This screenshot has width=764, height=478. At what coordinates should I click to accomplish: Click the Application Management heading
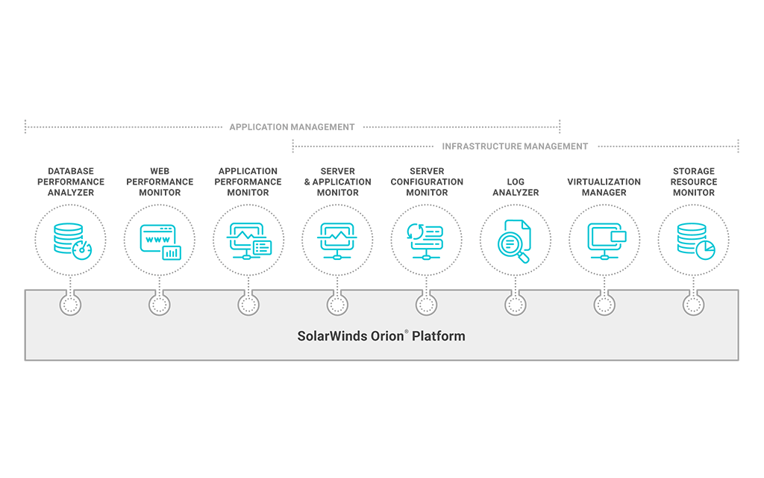[292, 127]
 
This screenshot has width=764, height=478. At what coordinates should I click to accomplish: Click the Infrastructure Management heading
[515, 146]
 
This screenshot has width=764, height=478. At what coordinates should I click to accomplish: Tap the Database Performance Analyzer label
[71, 181]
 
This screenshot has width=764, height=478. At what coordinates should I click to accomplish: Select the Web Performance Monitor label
[160, 181]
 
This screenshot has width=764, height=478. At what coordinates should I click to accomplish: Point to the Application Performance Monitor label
[248, 181]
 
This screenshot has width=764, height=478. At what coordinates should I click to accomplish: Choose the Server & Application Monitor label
[337, 181]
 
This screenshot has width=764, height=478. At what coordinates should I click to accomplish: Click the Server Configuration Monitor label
[427, 181]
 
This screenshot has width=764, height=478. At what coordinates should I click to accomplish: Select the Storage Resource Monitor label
[694, 181]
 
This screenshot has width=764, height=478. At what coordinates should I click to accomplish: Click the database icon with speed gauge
[71, 240]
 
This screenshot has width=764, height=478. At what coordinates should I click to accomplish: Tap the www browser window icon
[160, 240]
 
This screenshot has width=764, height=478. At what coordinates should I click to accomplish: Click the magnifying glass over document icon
[516, 240]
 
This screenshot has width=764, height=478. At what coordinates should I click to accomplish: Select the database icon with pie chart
[694, 240]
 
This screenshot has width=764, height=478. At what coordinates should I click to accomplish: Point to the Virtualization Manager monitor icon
[605, 240]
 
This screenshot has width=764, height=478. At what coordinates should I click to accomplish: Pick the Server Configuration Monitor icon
[427, 240]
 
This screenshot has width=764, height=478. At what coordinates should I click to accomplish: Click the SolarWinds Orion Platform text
[381, 335]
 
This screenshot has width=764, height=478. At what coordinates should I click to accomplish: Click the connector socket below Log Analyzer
[516, 305]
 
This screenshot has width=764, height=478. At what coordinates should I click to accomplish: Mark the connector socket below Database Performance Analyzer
[71, 305]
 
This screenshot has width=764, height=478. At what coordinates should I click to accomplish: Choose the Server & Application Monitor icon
[337, 240]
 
